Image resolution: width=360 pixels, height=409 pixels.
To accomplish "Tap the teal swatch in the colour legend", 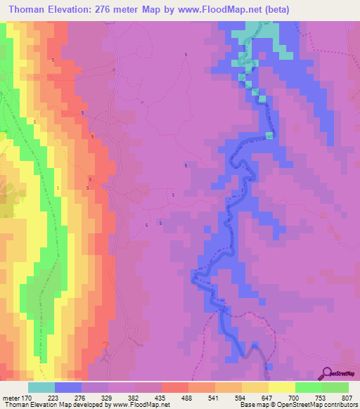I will (41, 387).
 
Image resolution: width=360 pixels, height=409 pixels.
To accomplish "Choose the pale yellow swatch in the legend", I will (282, 387).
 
